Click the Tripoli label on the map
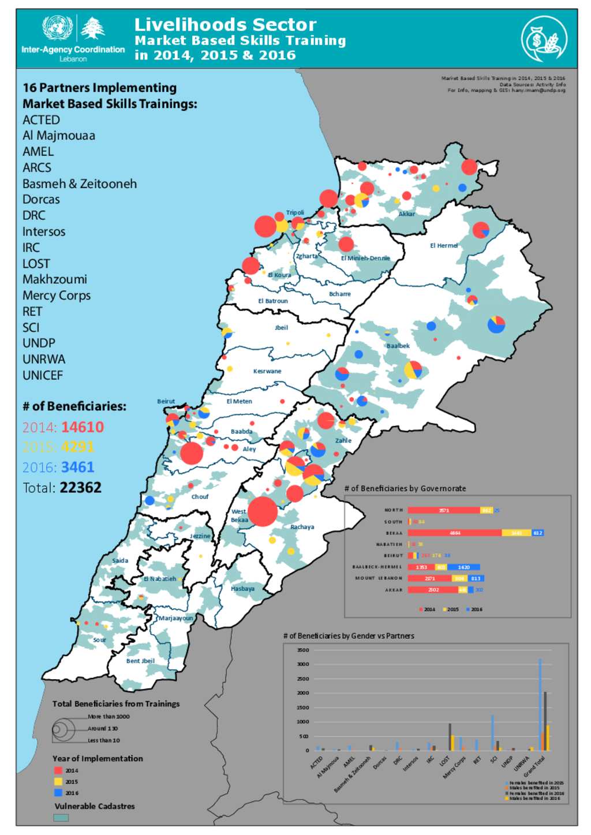pyautogui.click(x=295, y=212)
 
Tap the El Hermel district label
pyautogui.click(x=443, y=245)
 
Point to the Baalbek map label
pyautogui.click(x=398, y=346)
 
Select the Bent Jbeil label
pyautogui.click(x=140, y=661)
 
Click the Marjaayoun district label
pyautogui.click(x=175, y=618)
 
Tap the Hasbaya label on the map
pyautogui.click(x=242, y=589)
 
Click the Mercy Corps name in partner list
pyautogui.click(x=57, y=295)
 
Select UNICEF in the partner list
pyautogui.click(x=43, y=375)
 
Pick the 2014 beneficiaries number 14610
pyautogui.click(x=83, y=427)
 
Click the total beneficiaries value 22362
pyautogui.click(x=80, y=488)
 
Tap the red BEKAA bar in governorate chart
pyautogui.click(x=454, y=533)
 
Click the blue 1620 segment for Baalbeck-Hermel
pyautogui.click(x=463, y=567)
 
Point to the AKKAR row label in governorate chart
pyautogui.click(x=394, y=590)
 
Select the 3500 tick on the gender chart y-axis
pyautogui.click(x=303, y=650)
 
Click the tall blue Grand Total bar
pyautogui.click(x=540, y=704)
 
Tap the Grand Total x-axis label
pyautogui.click(x=534, y=766)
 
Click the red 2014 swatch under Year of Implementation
pyautogui.click(x=58, y=770)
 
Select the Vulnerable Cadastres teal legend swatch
pyautogui.click(x=61, y=818)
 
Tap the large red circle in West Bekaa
pyautogui.click(x=263, y=511)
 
